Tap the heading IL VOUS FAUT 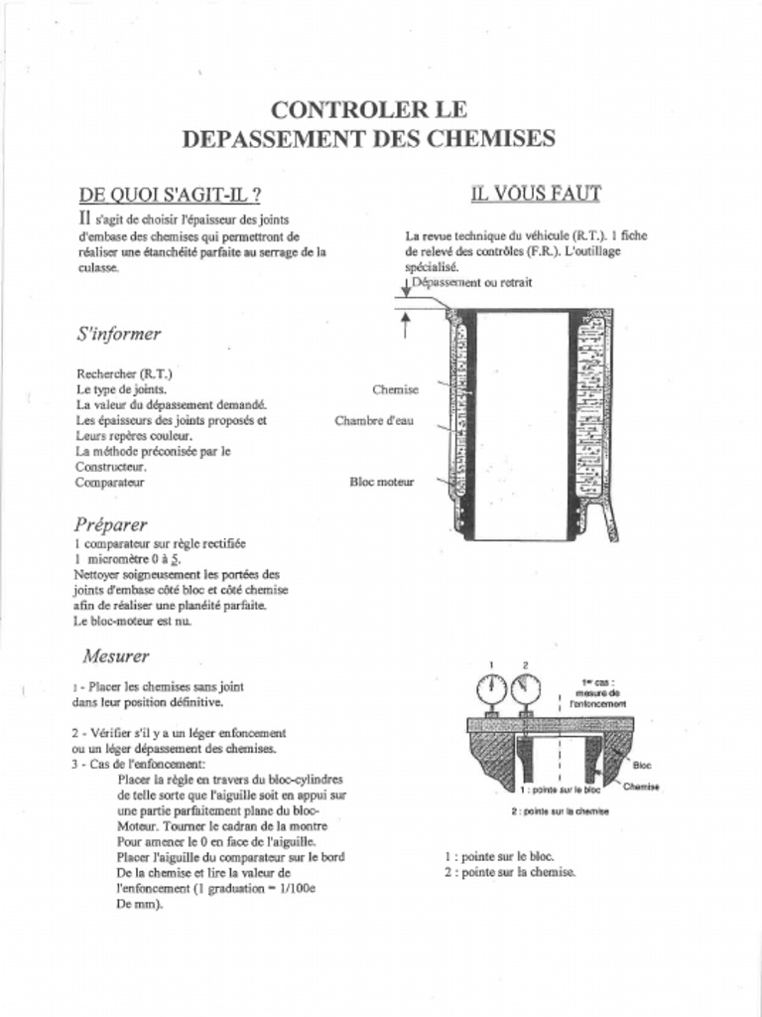[x=536, y=194]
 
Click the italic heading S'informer [x=118, y=334]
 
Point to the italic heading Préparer [x=110, y=523]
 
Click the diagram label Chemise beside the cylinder [x=395, y=390]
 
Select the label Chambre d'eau [x=374, y=421]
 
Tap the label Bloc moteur [x=381, y=482]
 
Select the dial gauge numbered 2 [x=525, y=689]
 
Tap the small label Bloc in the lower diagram [x=642, y=766]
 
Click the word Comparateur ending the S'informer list [x=110, y=482]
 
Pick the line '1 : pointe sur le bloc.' [x=499, y=856]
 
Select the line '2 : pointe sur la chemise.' [x=509, y=872]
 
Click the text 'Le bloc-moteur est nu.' [x=133, y=621]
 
